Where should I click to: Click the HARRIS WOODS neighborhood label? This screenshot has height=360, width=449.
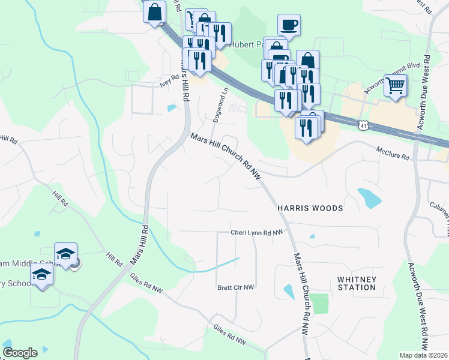[x=310, y=208]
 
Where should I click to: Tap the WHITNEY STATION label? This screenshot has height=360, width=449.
[x=357, y=283]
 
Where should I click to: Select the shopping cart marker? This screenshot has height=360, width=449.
[x=396, y=86]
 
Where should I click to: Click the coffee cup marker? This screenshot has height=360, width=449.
[x=289, y=25]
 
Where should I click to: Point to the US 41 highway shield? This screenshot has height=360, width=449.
[x=362, y=125]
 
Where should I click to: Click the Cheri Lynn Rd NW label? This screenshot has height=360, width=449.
[x=256, y=232]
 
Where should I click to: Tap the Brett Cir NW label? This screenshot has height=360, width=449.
[x=236, y=287]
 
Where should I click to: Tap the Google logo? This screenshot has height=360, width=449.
[x=20, y=353]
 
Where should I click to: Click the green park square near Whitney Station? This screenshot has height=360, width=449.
[x=321, y=304]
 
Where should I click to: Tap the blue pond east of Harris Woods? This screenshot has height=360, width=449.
[x=369, y=197]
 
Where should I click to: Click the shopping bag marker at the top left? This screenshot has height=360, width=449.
[x=154, y=12]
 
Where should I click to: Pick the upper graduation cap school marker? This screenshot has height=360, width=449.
[x=65, y=254]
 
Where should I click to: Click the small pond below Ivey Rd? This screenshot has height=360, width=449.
[x=172, y=109]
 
